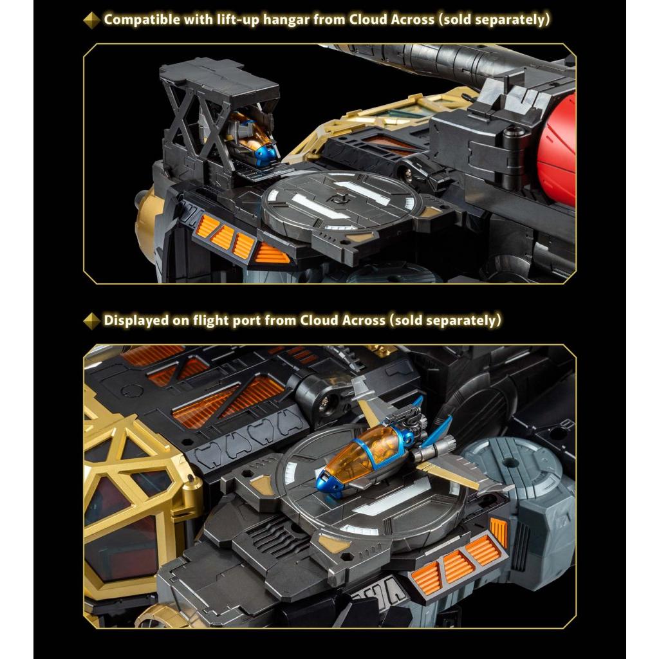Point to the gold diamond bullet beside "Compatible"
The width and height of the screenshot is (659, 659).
(91, 20)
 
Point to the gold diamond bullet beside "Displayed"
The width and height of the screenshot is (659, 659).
(91, 321)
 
